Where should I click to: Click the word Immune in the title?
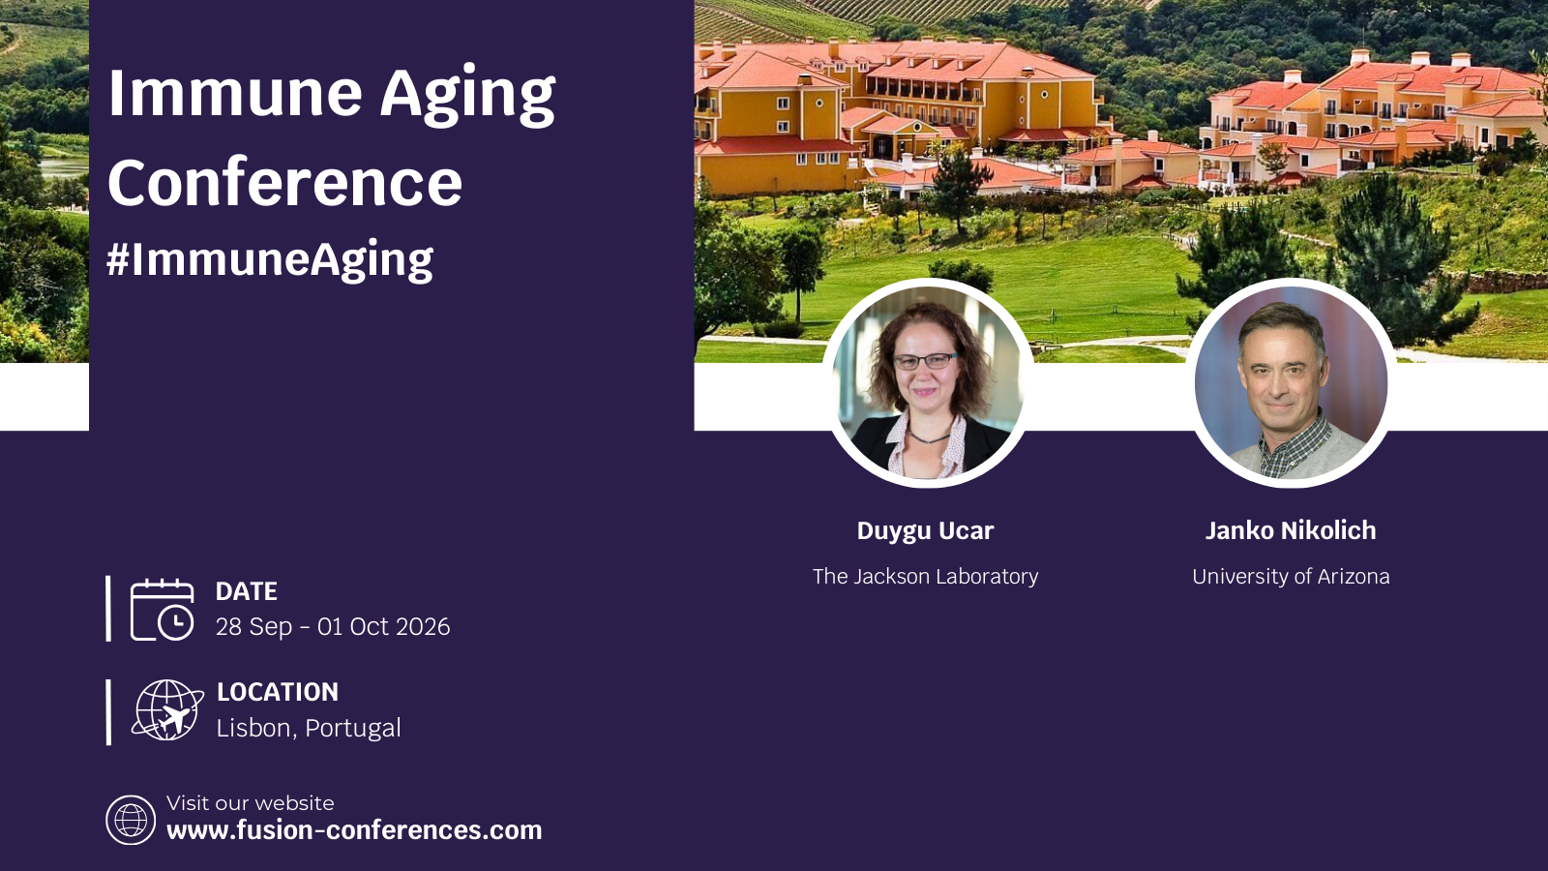[235, 92]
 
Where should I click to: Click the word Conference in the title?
[284, 183]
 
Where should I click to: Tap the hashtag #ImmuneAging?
[270, 260]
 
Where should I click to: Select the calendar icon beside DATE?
[163, 610]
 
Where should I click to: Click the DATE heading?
[247, 591]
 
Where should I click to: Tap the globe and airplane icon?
[167, 710]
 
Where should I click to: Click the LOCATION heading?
[278, 692]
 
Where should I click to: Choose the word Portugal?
[353, 729]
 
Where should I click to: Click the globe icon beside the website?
[131, 820]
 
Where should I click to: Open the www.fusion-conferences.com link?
[354, 830]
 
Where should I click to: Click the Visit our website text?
[251, 802]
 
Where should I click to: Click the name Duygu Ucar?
[925, 530]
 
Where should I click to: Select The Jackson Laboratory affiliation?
[925, 576]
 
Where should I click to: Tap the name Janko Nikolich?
[1291, 530]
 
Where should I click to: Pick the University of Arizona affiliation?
[1291, 576]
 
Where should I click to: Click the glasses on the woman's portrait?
[925, 361]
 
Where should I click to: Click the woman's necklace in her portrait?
[930, 437]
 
